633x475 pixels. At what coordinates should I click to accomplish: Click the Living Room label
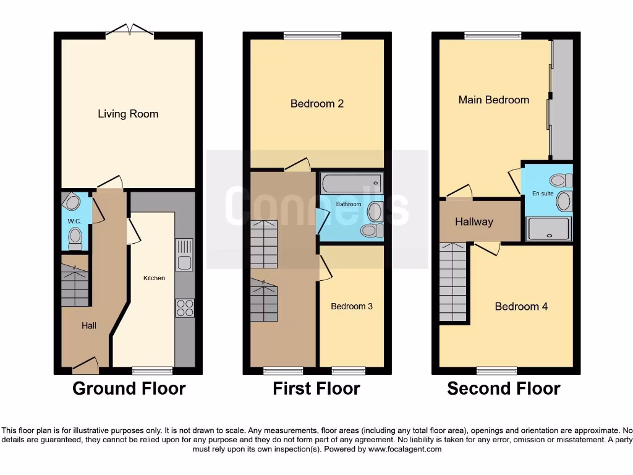128,114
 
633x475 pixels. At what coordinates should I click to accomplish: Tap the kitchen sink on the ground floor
184,255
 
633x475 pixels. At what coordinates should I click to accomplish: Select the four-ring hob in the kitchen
185,307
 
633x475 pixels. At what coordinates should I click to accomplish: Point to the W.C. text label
74,221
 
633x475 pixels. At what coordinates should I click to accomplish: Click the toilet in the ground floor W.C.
75,237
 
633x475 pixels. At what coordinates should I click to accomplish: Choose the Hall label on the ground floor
88,325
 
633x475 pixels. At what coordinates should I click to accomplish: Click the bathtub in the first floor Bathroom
350,184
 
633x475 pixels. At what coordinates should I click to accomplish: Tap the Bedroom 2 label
317,103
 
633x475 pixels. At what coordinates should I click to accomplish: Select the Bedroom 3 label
351,306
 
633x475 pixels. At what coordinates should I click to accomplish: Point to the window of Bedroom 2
312,36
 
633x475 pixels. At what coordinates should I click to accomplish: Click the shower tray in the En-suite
548,229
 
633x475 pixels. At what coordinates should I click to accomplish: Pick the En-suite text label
543,194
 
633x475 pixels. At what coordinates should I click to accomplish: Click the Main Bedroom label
493,100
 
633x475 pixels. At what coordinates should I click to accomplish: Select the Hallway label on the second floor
474,221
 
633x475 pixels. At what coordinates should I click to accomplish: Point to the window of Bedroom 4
496,370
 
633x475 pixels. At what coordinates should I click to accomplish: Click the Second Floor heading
503,388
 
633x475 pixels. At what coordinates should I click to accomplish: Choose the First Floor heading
316,388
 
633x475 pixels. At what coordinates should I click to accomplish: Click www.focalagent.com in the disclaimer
404,449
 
